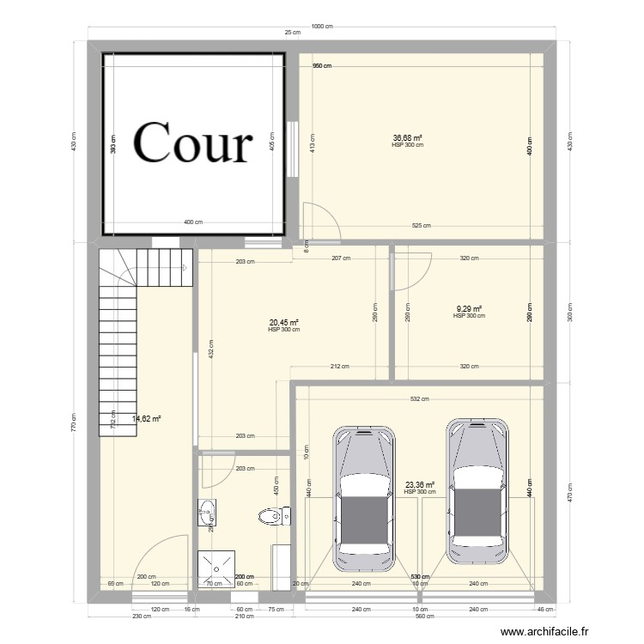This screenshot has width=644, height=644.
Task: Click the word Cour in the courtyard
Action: pos(193,143)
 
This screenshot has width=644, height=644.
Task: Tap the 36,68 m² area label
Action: pos(407,138)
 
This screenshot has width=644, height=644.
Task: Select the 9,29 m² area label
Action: pos(469,309)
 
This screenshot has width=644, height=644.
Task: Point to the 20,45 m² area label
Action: pos(283,323)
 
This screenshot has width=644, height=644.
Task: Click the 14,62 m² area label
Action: pos(147,419)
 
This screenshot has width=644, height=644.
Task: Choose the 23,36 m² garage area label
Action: pos(420,485)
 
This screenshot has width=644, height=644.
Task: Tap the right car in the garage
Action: pos(477,486)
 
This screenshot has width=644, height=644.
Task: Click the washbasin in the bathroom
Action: pos(208,514)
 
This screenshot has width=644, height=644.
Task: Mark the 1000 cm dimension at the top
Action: pos(322,27)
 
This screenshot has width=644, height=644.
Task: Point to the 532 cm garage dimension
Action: pos(419,399)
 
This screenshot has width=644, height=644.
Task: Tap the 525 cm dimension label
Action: pos(421,226)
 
